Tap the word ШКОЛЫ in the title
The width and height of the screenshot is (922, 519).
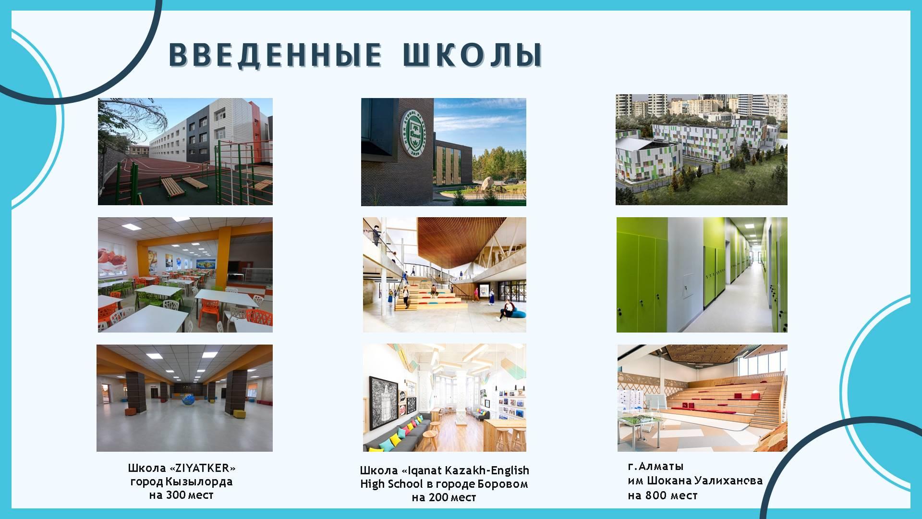coord(472,54)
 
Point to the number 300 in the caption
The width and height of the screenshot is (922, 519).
coord(176,495)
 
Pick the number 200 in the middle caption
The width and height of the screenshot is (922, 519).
coord(438,497)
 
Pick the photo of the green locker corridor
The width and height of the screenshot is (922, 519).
coord(702,275)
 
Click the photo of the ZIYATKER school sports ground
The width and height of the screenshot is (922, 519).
coord(185,152)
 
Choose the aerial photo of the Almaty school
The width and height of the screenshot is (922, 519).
coord(702,149)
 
